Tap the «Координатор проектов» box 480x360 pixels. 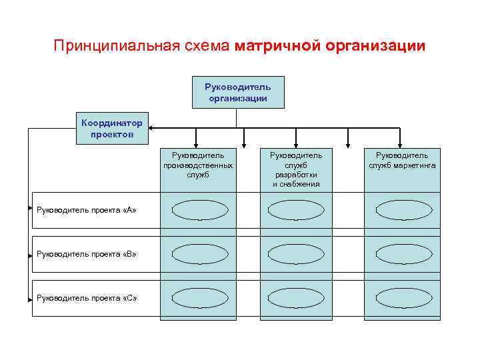coord(113,129)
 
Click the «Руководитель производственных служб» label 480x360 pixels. coord(198,165)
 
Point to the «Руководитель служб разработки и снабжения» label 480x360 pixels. coord(296,169)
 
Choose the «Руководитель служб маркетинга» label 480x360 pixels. coord(402,160)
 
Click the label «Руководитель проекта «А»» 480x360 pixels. coord(86,210)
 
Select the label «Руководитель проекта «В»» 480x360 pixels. coord(86,254)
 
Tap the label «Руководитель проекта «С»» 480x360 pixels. coord(86,297)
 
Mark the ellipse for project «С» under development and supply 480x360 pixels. coord(296,297)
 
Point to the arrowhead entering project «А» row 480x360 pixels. coord(30,209)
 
